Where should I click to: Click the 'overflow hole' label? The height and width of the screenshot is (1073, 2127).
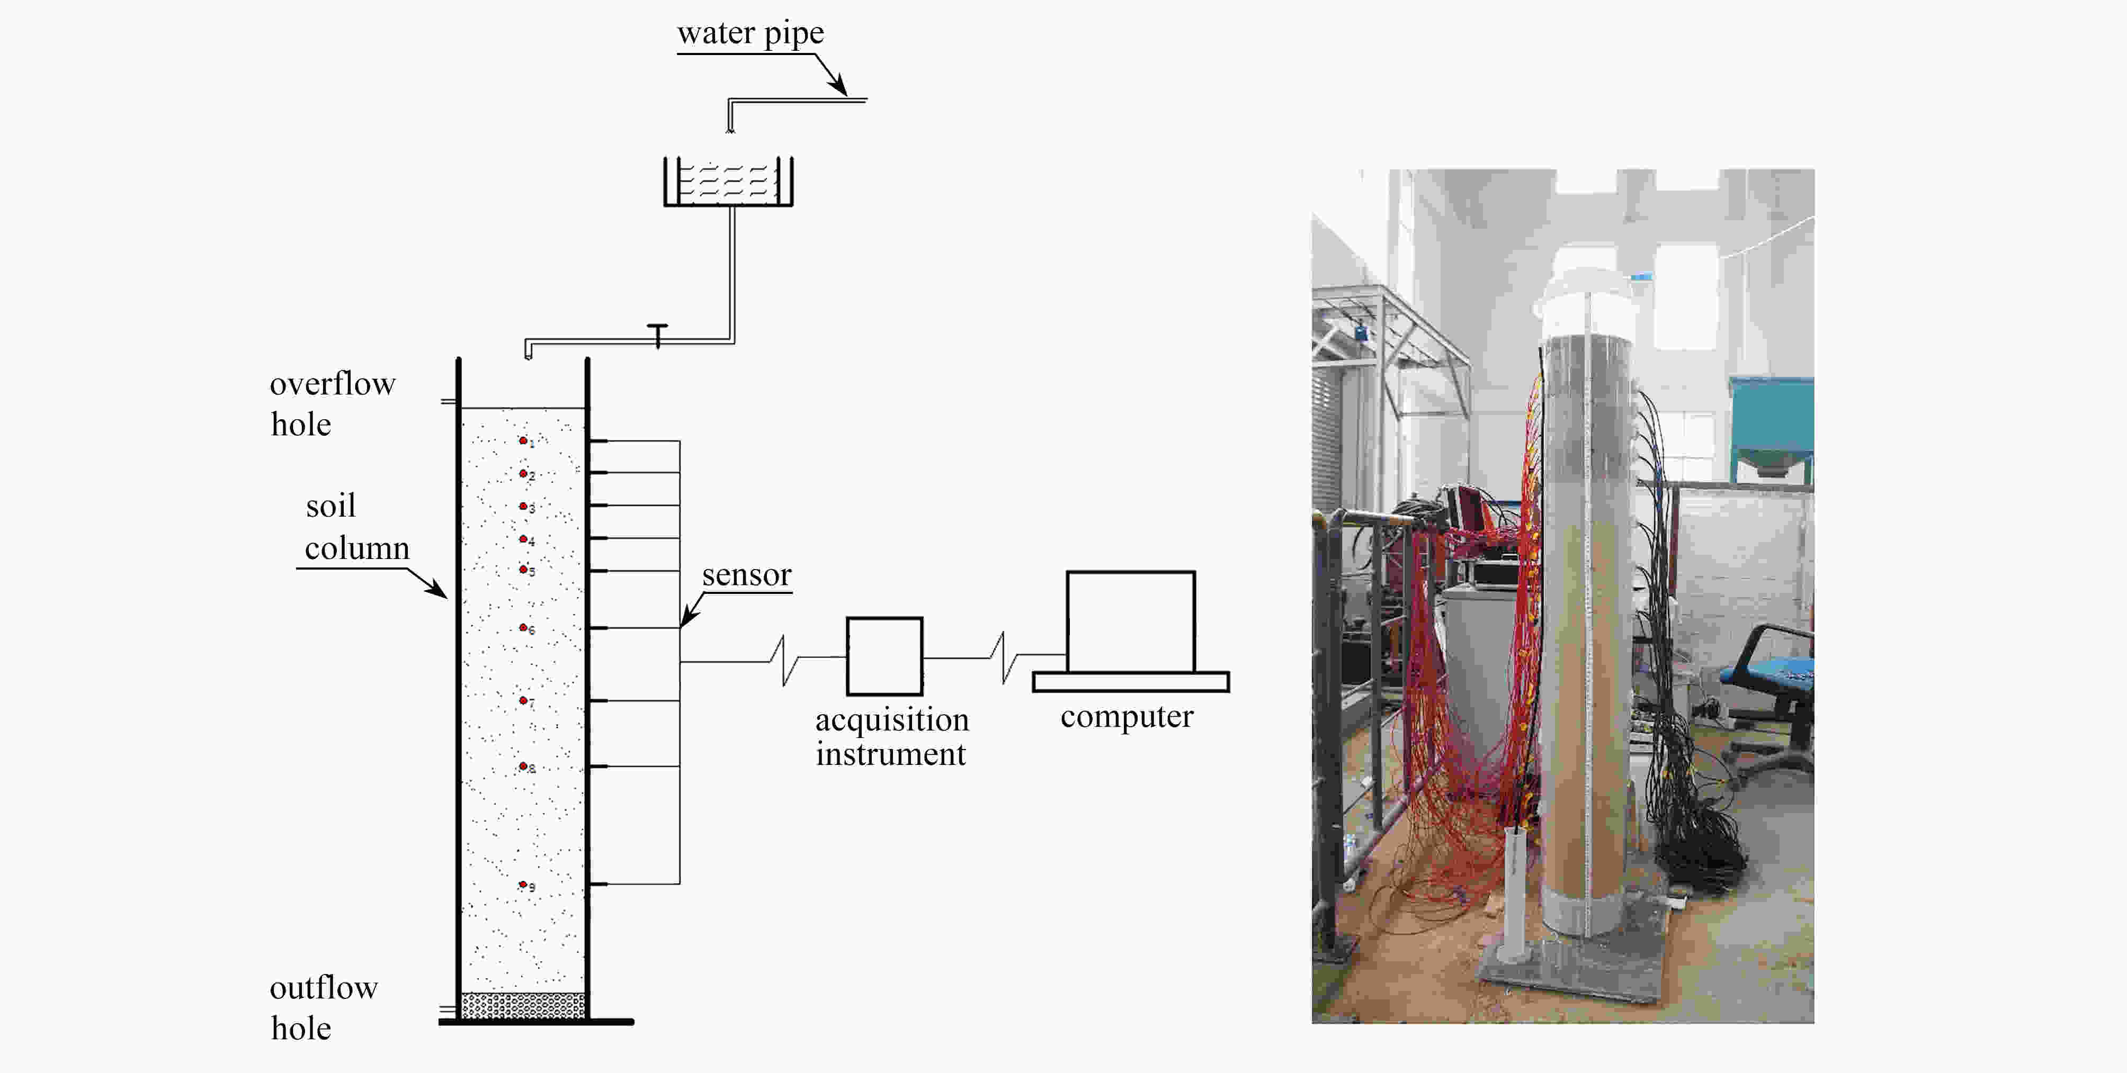(333, 403)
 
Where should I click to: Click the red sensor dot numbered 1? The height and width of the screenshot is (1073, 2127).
(523, 441)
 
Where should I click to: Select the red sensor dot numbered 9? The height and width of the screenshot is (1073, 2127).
(523, 885)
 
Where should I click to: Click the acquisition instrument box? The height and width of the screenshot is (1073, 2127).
(884, 656)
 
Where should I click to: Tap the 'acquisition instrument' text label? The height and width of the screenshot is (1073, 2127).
(892, 737)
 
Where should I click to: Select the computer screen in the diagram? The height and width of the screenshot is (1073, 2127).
(1130, 621)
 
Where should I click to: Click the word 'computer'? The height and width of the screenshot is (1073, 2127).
(1127, 716)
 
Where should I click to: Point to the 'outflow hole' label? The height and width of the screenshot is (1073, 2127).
(324, 1008)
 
